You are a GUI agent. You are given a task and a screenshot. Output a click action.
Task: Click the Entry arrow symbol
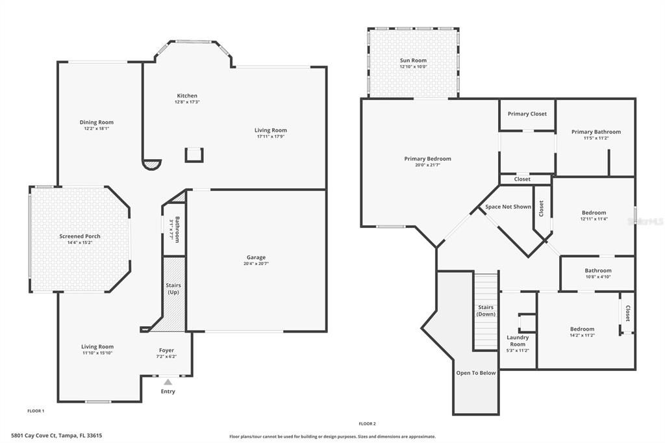[x=168, y=383]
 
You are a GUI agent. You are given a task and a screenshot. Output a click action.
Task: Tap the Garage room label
[x=256, y=257]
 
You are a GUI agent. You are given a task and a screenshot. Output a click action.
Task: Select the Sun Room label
[x=413, y=60]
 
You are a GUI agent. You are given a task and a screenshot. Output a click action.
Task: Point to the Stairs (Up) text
[x=173, y=289]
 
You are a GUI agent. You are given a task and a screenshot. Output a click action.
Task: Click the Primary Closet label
[x=527, y=114]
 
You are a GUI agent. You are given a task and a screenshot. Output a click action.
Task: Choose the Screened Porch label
[x=80, y=236]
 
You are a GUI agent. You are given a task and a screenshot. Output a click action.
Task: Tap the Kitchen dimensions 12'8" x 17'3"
[x=187, y=102]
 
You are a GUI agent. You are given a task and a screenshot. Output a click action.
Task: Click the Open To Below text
[x=477, y=373]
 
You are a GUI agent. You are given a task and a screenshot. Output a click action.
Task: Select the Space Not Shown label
[x=508, y=207]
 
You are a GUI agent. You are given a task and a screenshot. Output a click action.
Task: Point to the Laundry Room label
[x=518, y=340]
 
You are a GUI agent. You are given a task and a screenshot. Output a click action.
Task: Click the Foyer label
[x=167, y=350]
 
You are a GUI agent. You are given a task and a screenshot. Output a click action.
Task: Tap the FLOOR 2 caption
[x=367, y=424]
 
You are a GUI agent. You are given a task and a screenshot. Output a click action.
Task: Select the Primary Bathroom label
[x=596, y=132]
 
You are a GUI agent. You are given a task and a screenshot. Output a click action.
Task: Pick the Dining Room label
[x=97, y=122]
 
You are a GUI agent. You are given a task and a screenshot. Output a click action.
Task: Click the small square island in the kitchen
[x=194, y=155]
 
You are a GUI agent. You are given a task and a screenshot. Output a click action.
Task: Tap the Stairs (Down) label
[x=486, y=310]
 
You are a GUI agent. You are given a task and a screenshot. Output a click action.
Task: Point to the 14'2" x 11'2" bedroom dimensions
[x=582, y=335]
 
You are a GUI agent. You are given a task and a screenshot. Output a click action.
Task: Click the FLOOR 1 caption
[x=36, y=411]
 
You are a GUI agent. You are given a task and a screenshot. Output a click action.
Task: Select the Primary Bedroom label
[x=427, y=158]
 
